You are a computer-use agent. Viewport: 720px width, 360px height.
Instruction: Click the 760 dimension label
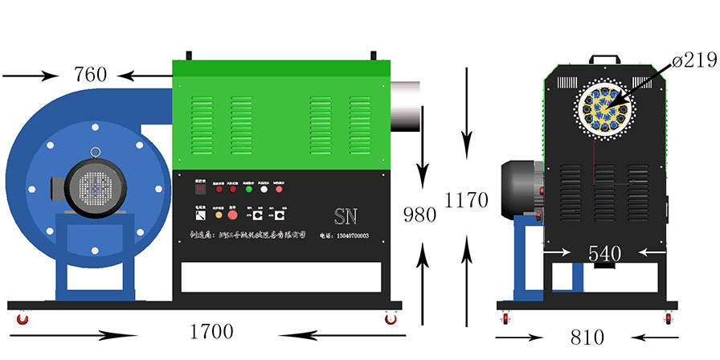pos(90,76)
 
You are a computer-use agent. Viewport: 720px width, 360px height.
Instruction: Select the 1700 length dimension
pos(211,331)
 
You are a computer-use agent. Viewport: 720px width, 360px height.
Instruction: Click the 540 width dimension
pos(604,253)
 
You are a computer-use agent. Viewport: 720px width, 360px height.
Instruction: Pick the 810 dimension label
pos(587,337)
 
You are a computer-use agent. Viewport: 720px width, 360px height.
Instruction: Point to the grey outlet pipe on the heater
pos(407,104)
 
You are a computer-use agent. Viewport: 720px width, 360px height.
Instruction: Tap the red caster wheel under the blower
pos(22,319)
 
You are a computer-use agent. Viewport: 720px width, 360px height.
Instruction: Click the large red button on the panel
pos(233,216)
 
